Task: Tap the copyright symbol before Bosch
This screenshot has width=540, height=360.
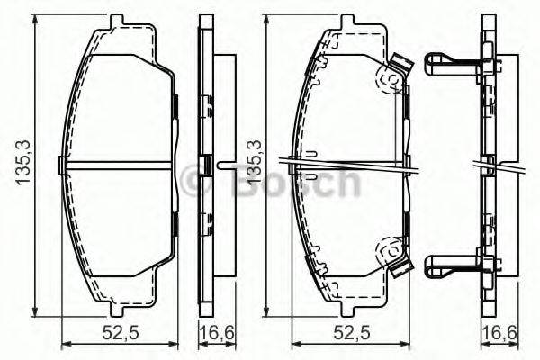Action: [x=195, y=182]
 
